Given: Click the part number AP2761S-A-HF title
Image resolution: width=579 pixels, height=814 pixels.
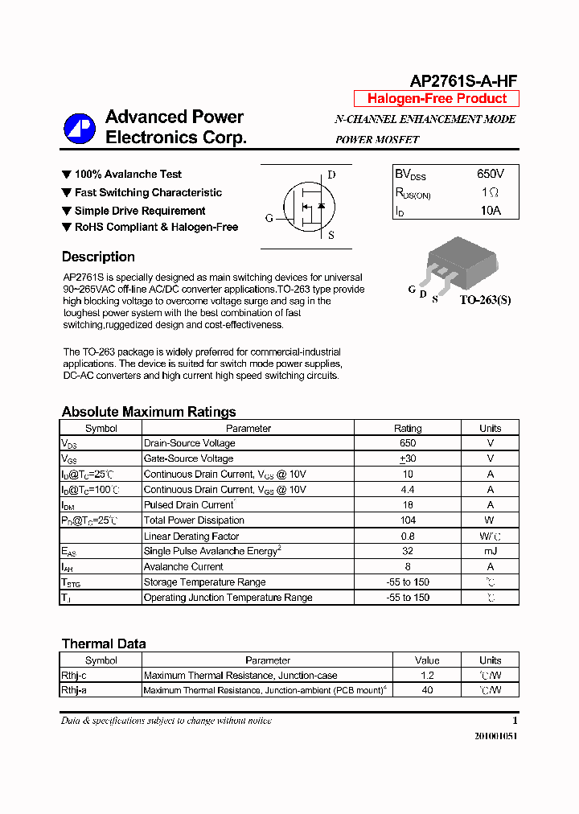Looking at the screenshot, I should [x=463, y=80].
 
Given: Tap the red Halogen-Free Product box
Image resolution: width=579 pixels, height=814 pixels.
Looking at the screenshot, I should [x=437, y=99].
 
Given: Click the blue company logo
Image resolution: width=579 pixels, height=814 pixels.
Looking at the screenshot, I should [x=80, y=127].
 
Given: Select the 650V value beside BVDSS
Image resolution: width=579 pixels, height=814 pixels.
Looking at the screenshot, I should [x=490, y=175].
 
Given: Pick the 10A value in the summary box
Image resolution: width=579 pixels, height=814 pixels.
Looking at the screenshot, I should [x=491, y=211].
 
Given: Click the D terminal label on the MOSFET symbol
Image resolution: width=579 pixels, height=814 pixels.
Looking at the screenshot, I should [x=331, y=175].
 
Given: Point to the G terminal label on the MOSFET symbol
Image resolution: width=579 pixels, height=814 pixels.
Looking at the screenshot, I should [x=269, y=218].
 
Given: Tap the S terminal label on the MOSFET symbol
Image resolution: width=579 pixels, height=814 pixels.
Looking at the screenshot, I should [x=331, y=236].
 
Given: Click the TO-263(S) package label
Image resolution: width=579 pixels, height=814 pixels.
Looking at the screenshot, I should [x=485, y=300].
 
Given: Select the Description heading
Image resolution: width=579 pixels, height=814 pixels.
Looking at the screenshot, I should [x=98, y=257].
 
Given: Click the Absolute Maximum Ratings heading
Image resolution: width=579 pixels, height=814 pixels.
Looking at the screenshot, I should [x=149, y=412].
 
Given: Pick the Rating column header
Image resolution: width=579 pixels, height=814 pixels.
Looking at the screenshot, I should [x=408, y=429].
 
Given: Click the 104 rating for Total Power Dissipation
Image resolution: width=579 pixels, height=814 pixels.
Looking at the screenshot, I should [x=408, y=520].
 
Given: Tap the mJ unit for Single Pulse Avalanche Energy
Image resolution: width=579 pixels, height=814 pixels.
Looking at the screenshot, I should [x=490, y=551].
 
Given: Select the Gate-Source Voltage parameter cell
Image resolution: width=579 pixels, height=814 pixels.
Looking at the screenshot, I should [x=188, y=458].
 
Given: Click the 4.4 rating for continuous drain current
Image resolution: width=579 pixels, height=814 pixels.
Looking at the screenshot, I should [x=408, y=490].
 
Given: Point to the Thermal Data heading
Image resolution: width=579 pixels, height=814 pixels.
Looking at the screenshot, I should [x=104, y=643].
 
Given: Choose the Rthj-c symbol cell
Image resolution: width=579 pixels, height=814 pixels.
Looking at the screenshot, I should [x=74, y=676].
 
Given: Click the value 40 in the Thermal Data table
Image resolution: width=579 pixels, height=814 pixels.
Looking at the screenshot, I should [x=427, y=690].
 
